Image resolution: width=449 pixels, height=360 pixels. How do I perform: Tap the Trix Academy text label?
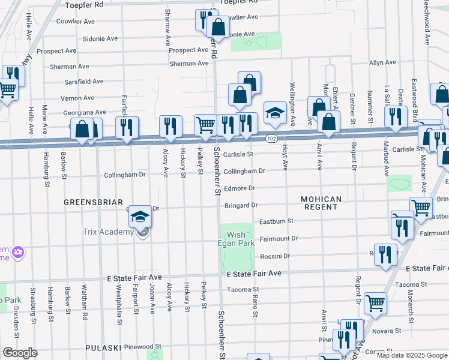tap(108, 232)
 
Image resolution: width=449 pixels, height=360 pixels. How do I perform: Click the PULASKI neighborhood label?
tap(103, 347)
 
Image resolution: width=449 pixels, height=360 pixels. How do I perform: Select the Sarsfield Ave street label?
tap(68, 82)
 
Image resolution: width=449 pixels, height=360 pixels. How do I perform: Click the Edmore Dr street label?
tap(240, 188)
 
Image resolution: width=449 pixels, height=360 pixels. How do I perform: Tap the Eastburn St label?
tap(276, 221)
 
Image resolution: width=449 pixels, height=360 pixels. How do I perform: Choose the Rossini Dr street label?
tap(275, 256)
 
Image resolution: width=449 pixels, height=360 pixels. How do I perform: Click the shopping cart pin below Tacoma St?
tap(376, 303)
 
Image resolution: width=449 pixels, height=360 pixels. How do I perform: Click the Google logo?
tap(20, 352)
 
